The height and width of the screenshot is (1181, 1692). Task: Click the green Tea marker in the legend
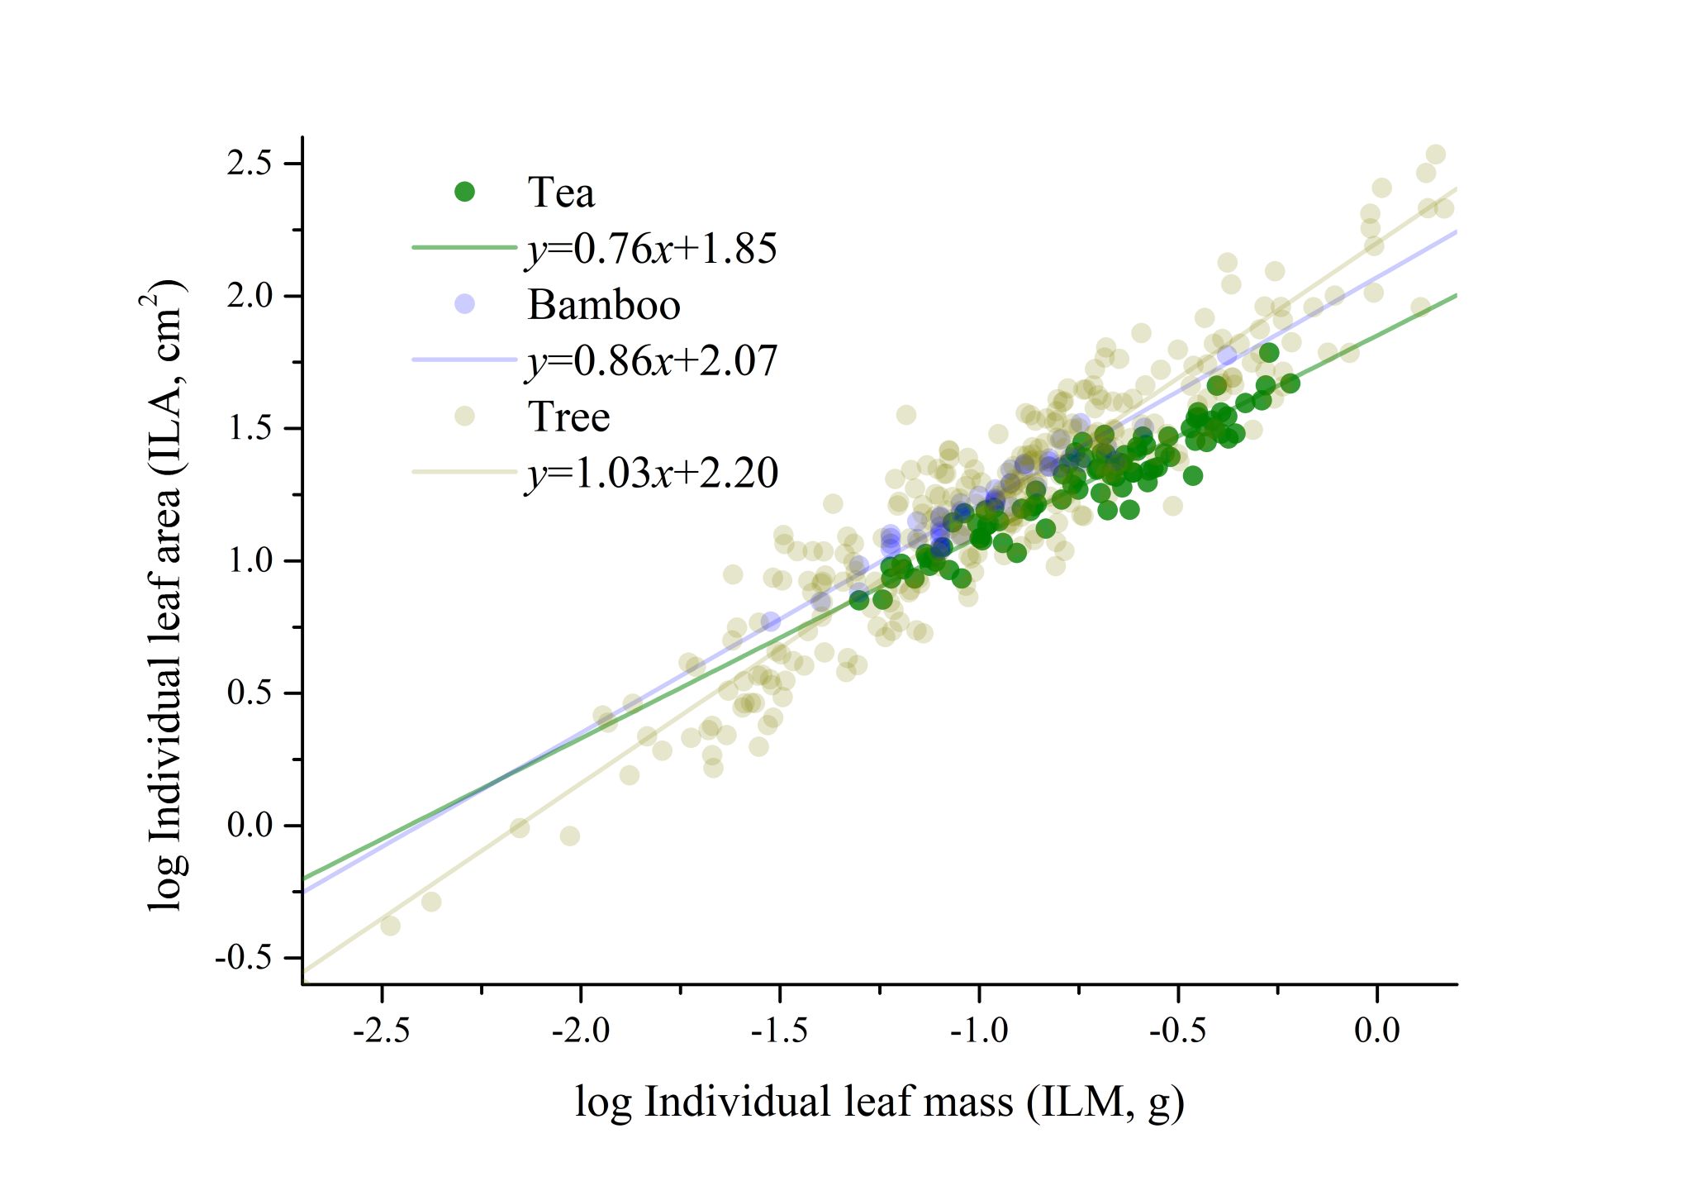(465, 192)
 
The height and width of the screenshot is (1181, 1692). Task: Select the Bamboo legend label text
(604, 305)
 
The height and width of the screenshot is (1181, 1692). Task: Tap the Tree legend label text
(568, 417)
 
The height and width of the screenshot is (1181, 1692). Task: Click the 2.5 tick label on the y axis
(250, 164)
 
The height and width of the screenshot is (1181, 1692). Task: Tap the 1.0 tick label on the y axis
(250, 561)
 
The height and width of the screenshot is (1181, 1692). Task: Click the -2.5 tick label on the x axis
(381, 1031)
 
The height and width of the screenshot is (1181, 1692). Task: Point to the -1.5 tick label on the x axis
(779, 1031)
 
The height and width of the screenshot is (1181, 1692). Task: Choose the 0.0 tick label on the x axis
(1377, 1031)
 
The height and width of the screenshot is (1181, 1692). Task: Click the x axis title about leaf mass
(880, 1102)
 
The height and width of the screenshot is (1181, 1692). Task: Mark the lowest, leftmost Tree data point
(390, 926)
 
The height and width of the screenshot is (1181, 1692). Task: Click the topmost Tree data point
(1436, 155)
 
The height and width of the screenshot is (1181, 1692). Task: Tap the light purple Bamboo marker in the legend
(465, 304)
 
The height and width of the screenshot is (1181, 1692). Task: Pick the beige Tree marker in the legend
(465, 417)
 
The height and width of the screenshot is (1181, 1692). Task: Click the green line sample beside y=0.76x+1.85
(463, 247)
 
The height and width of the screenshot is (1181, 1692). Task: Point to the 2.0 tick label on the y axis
(250, 296)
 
